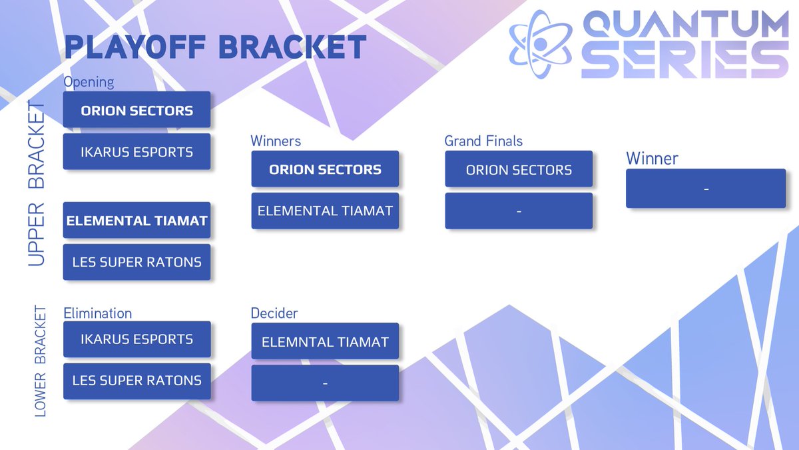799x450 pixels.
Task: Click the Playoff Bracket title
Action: pos(216,47)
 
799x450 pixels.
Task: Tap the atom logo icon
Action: pos(541,44)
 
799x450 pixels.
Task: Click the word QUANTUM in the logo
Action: pos(686,23)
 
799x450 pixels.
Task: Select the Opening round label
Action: pos(89,82)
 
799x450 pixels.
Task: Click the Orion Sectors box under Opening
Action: pos(137,109)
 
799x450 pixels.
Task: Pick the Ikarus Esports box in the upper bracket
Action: pos(137,151)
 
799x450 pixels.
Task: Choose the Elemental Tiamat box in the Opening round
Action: pos(137,220)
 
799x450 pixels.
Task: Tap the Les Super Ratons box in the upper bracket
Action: pos(137,262)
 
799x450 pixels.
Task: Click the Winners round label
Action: pos(276,141)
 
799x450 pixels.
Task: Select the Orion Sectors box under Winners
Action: pos(325,169)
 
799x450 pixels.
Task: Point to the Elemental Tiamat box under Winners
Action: pos(325,211)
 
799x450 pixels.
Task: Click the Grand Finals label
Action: pos(483,141)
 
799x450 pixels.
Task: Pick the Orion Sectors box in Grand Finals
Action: pos(519,169)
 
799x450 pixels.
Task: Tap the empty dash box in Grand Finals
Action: pos(519,211)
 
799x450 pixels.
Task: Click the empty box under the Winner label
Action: pos(706,189)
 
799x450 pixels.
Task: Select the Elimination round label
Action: pos(98,313)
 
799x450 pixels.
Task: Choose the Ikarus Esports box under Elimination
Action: pos(137,339)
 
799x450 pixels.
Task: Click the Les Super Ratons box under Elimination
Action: pos(137,381)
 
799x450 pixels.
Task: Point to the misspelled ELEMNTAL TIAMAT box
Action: pos(325,341)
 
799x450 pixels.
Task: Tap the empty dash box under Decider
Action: pos(325,383)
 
